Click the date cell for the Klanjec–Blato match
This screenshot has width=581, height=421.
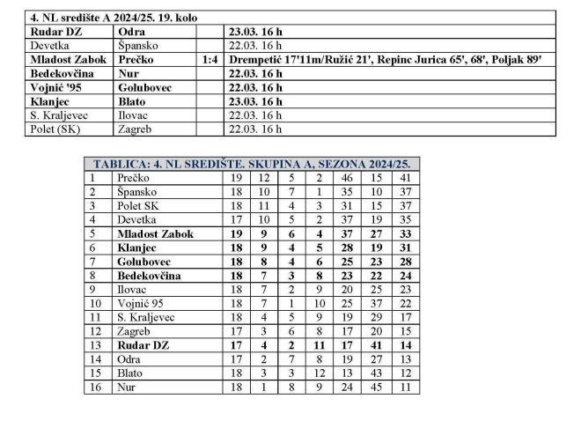pyautogui.click(x=254, y=101)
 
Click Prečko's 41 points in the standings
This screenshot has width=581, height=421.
pyautogui.click(x=405, y=178)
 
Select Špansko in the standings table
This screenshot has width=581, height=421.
pyautogui.click(x=136, y=191)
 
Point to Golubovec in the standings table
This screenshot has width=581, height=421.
pyautogui.click(x=146, y=262)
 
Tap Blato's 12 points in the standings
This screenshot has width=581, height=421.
pyautogui.click(x=405, y=373)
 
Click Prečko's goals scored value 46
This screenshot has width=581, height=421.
pyautogui.click(x=346, y=178)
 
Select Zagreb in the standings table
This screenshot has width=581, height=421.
pyautogui.click(x=135, y=331)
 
